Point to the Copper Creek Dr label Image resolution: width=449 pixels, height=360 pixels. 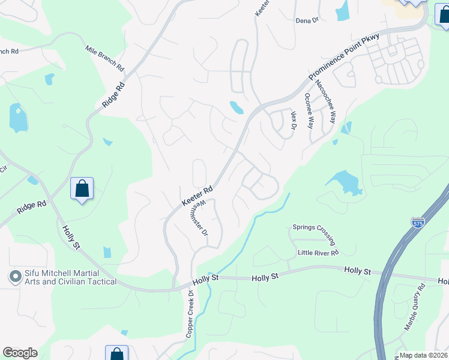click(190, 314)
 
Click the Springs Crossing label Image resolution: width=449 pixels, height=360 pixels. click(313, 235)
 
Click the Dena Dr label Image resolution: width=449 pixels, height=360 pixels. click(307, 20)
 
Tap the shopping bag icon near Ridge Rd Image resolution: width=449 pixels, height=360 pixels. click(82, 189)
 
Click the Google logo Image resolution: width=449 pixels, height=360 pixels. click(20, 353)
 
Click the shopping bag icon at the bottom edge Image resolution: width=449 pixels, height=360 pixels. click(116, 354)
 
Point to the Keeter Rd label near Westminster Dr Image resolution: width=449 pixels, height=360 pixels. click(197, 197)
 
